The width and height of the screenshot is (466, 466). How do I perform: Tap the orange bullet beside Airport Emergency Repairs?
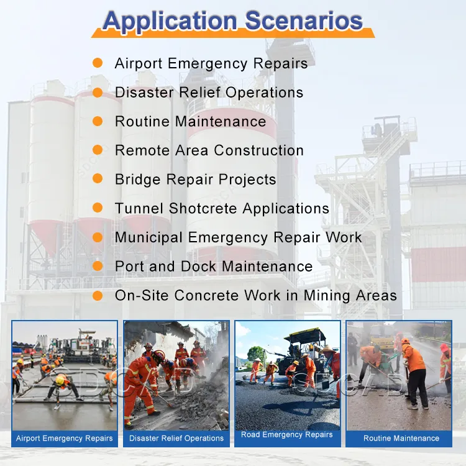(x=97, y=63)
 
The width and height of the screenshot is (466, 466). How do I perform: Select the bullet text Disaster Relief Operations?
(x=209, y=93)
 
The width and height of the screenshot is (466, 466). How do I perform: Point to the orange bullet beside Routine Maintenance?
(x=97, y=121)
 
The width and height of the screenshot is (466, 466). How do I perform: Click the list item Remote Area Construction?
(x=209, y=150)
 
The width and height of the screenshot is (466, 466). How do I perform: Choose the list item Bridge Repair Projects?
(x=195, y=180)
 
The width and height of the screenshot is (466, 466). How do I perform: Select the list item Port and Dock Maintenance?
(x=213, y=267)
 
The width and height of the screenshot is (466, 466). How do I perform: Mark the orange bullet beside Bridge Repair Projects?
(x=97, y=179)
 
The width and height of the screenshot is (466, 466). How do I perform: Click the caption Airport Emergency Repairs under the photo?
(x=65, y=438)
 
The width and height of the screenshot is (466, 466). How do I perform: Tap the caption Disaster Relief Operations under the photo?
(x=176, y=438)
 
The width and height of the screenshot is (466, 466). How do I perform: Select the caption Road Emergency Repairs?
(x=287, y=435)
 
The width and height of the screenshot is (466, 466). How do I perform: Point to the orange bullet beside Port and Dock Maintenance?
(x=97, y=266)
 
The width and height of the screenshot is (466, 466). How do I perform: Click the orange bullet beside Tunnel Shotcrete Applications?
(x=97, y=208)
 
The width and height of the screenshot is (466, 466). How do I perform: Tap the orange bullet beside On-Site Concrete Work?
(x=97, y=295)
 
